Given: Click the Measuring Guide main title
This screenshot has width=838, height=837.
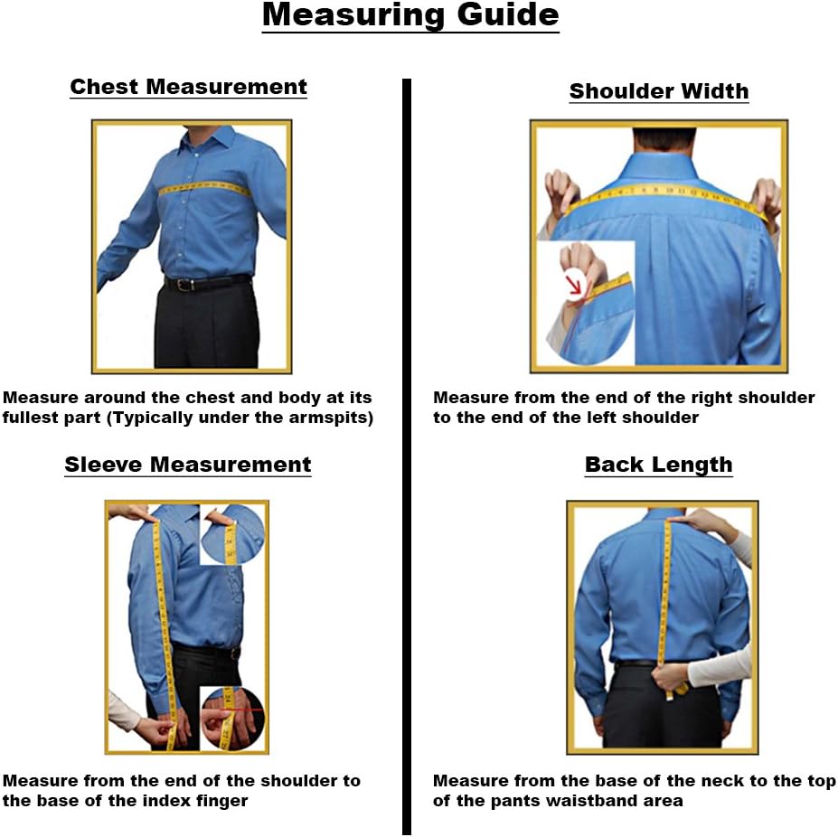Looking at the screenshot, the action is click(x=410, y=15).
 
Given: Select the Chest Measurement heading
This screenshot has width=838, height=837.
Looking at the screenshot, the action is click(x=189, y=87).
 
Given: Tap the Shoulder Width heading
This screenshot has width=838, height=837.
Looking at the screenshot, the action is click(x=658, y=91).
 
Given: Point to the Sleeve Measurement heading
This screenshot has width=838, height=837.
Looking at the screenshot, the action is click(x=188, y=464).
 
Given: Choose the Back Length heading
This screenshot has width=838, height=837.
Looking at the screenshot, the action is click(x=658, y=465).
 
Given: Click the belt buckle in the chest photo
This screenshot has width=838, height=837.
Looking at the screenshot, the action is click(x=185, y=285).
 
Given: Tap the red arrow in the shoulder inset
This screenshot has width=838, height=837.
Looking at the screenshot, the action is click(x=575, y=283).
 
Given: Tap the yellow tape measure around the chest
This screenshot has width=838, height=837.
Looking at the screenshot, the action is click(x=204, y=188).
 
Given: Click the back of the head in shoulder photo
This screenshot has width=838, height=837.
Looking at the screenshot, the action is click(x=664, y=139).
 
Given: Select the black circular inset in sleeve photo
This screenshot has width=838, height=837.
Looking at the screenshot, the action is click(x=232, y=718).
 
